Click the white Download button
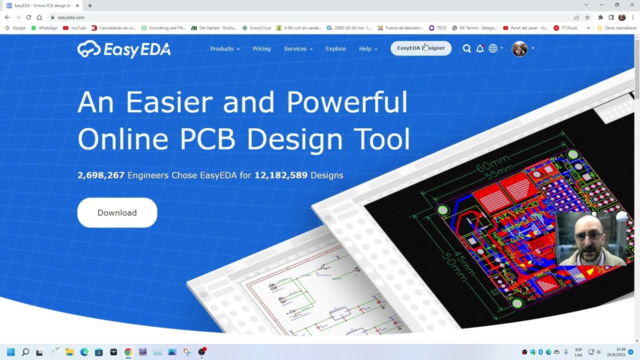(x=117, y=212)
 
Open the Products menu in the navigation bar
(x=224, y=48)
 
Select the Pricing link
(x=261, y=48)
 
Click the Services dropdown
(x=298, y=48)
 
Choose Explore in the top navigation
(x=335, y=48)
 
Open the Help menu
(x=368, y=48)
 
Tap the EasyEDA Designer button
(x=420, y=48)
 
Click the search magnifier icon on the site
(x=466, y=48)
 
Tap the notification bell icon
(x=480, y=48)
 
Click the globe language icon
(x=493, y=48)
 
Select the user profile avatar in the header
(x=519, y=48)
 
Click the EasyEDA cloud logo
(x=89, y=49)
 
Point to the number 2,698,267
(x=101, y=175)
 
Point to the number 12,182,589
(x=281, y=175)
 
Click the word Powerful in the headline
(x=347, y=102)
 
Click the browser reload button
(x=28, y=17)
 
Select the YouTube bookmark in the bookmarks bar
(x=74, y=28)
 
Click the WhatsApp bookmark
(x=44, y=28)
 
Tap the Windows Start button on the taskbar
(x=11, y=352)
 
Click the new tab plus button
(x=90, y=5)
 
